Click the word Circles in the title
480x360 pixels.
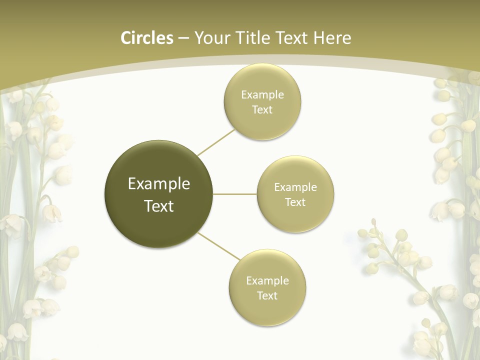[147, 38]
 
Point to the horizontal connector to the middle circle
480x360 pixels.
[235, 194]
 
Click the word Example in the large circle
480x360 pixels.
[159, 184]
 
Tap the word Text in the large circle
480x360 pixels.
[159, 206]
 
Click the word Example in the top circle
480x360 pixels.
[262, 95]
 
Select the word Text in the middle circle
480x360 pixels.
[295, 202]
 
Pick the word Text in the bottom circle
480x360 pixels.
[267, 296]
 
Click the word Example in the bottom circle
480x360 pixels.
[267, 281]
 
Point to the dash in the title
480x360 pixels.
[183, 38]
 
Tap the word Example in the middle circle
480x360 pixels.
[295, 187]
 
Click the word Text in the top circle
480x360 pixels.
[262, 110]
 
